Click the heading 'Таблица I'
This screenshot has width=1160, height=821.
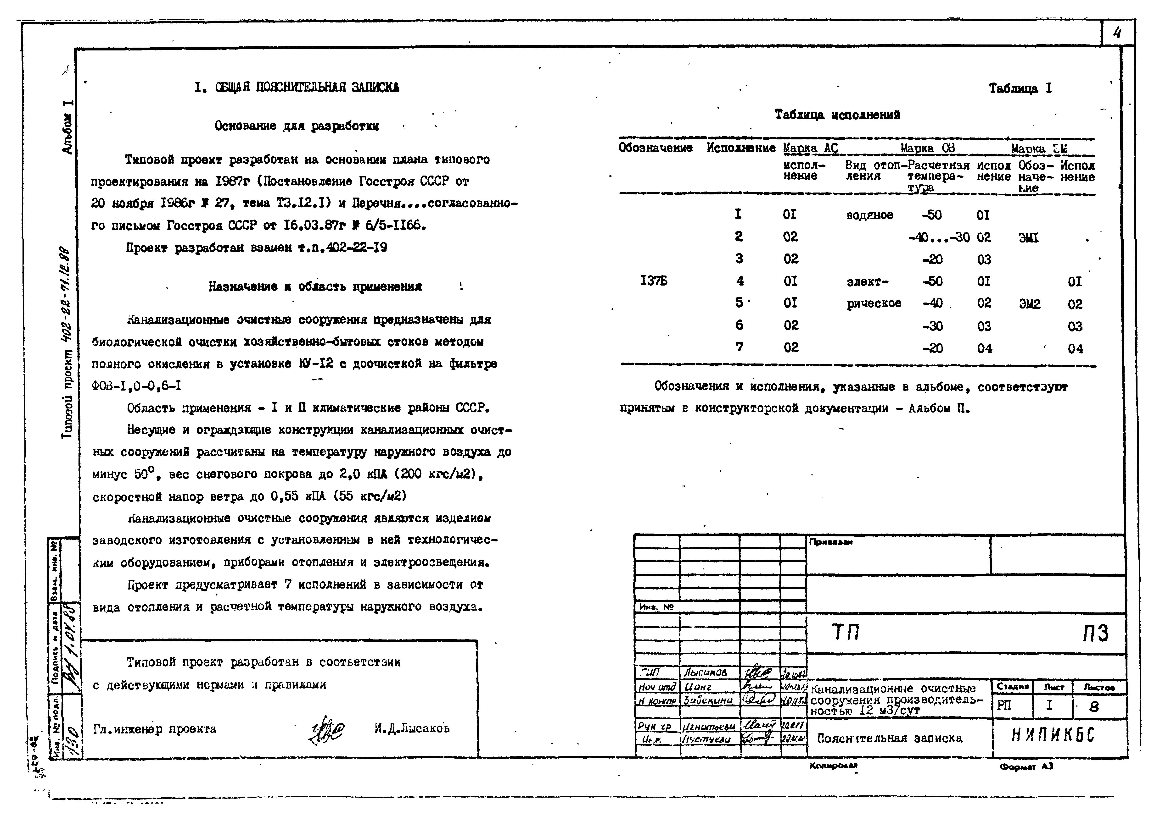(1020, 88)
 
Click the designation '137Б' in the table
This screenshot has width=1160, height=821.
(654, 281)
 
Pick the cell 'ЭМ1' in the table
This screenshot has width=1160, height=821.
(1028, 238)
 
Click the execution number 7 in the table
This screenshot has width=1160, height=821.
(739, 347)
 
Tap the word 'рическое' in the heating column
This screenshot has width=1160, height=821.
(874, 303)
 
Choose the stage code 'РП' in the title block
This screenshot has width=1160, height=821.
(1004, 706)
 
